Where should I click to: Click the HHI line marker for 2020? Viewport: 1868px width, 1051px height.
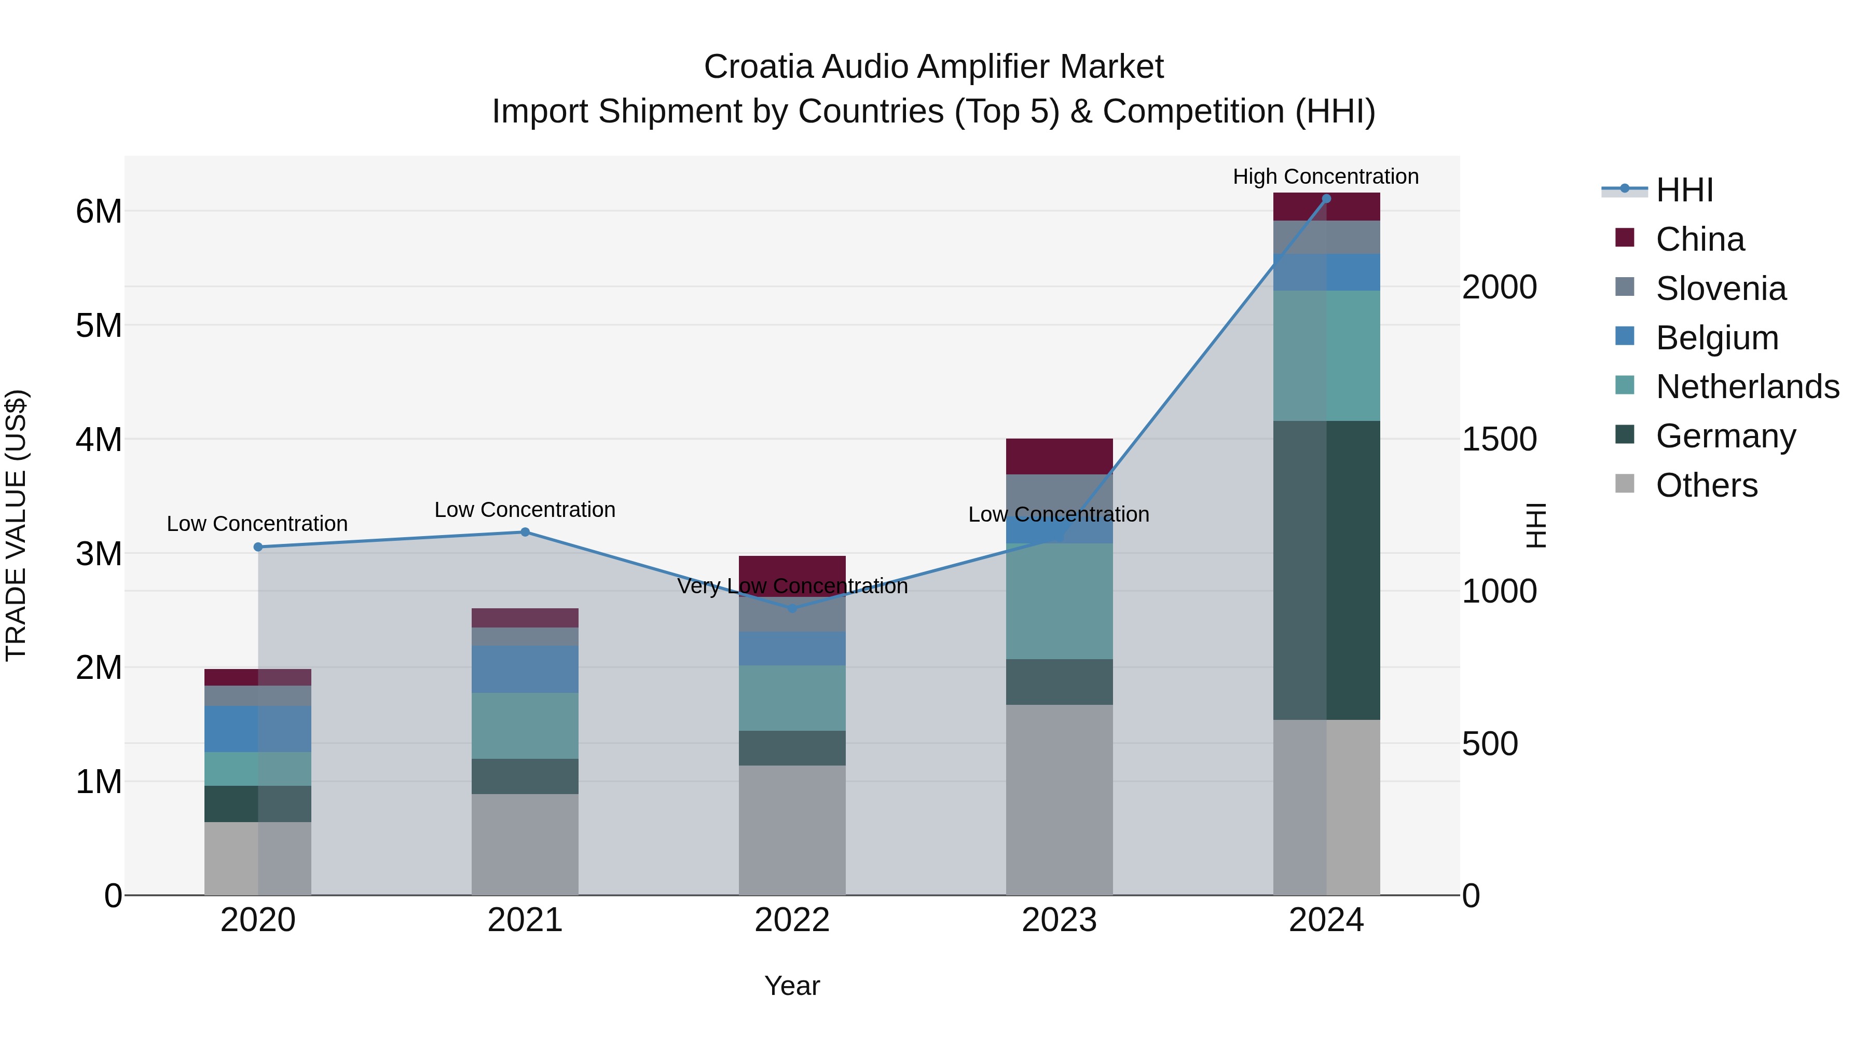tap(258, 547)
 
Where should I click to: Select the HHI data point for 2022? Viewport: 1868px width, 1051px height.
tap(792, 608)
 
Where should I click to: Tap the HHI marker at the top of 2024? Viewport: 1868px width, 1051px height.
tap(1326, 198)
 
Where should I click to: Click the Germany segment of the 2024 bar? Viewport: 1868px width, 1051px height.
tap(1326, 569)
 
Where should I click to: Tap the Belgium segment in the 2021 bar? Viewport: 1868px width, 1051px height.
tap(525, 669)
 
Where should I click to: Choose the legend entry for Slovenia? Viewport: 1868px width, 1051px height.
tap(1720, 289)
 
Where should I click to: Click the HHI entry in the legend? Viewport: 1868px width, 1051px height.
tap(1684, 190)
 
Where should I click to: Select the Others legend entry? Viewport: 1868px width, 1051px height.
tap(1706, 485)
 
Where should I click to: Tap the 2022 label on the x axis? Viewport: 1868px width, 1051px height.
tap(792, 920)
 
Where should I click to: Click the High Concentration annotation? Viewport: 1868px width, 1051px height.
tap(1326, 176)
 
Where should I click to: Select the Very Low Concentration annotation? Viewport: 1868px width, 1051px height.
tap(792, 586)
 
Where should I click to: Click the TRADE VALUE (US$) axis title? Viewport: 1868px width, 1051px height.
tap(16, 525)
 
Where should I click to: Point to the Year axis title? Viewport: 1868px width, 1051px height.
tap(792, 986)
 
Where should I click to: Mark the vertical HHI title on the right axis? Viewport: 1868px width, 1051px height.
tap(1536, 525)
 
